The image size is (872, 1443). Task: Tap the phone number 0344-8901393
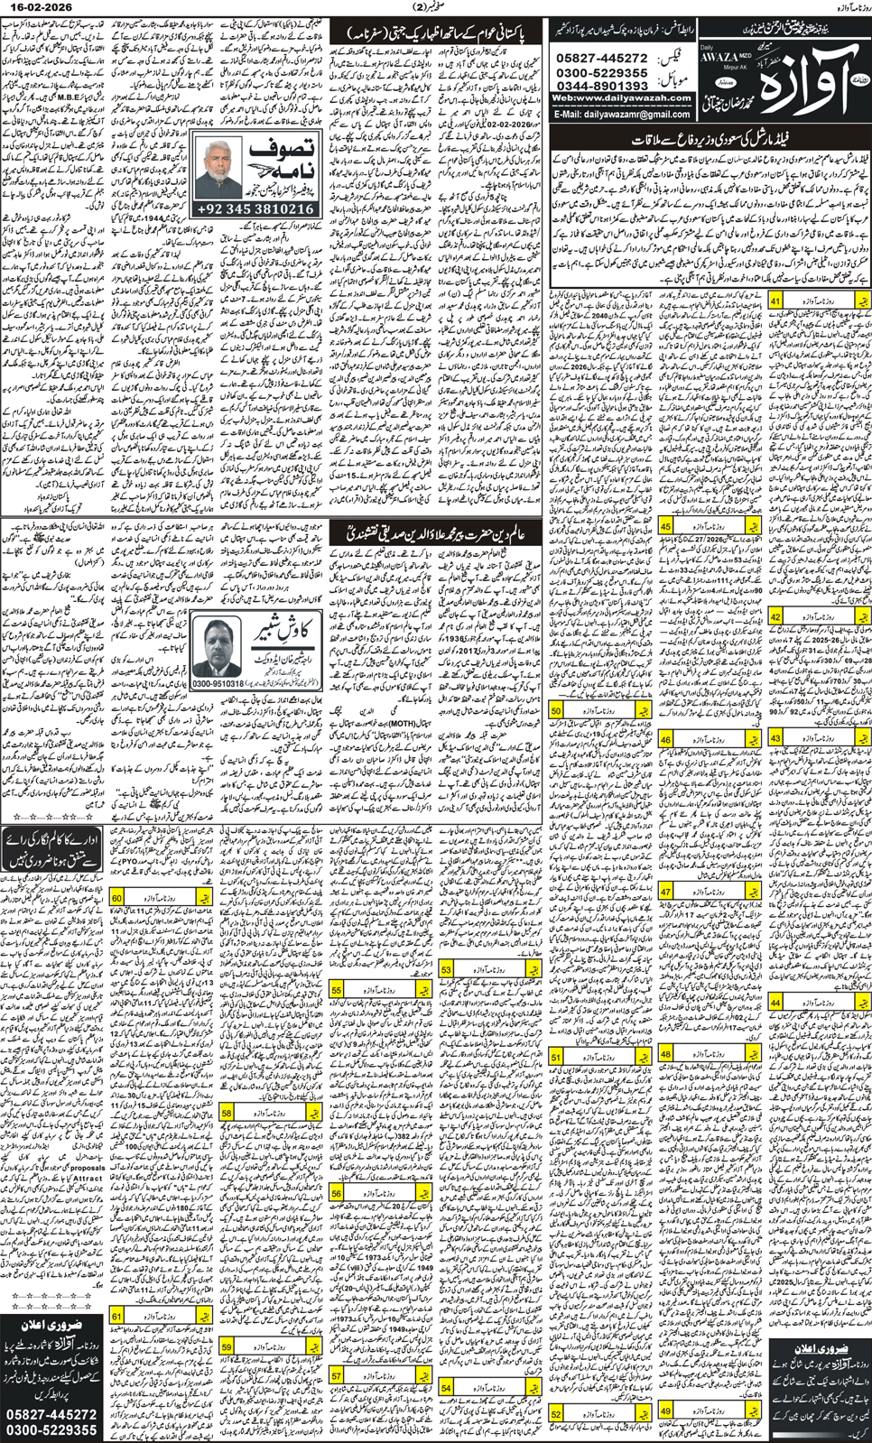point(603,87)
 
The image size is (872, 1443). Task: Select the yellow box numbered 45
point(665,525)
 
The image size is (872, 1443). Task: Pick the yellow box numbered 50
point(556,710)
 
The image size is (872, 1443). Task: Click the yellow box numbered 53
point(446,968)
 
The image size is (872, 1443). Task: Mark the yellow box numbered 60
point(117,898)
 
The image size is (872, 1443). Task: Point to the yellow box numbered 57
point(336,1375)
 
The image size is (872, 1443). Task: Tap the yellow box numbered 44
point(775,1002)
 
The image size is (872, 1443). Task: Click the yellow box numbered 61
point(117,1317)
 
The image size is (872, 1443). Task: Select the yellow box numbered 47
point(665,892)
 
